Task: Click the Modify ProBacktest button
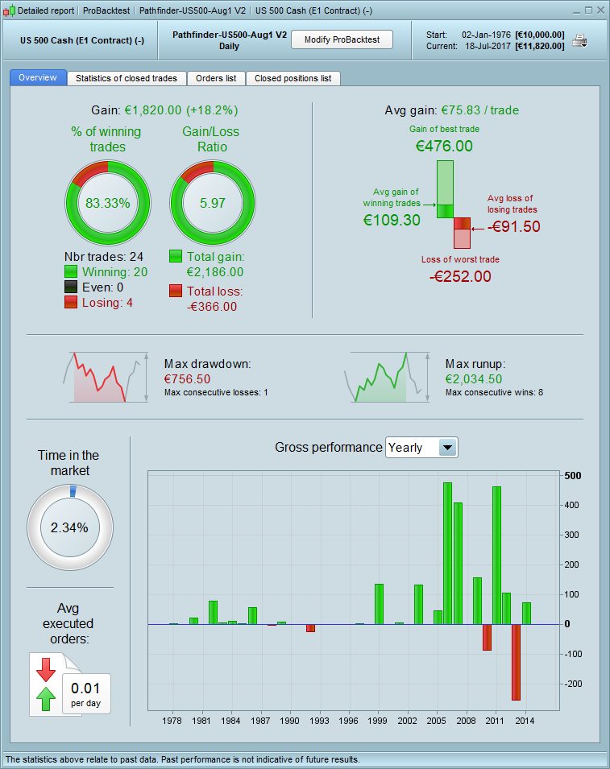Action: (x=342, y=39)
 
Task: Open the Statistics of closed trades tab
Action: (x=127, y=78)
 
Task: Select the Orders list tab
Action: (x=216, y=78)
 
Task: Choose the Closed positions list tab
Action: (x=293, y=78)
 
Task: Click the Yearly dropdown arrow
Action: (x=448, y=448)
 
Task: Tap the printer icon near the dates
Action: (x=579, y=40)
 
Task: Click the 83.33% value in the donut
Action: (x=108, y=203)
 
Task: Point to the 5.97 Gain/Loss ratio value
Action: (x=213, y=203)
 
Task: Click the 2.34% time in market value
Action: (x=69, y=527)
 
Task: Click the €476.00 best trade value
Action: (x=444, y=146)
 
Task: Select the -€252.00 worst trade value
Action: (x=460, y=276)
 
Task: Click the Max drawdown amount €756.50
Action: (x=187, y=378)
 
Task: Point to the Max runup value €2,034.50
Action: (x=473, y=378)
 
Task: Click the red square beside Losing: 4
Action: (x=71, y=302)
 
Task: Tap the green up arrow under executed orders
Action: (x=46, y=698)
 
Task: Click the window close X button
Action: (x=600, y=10)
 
